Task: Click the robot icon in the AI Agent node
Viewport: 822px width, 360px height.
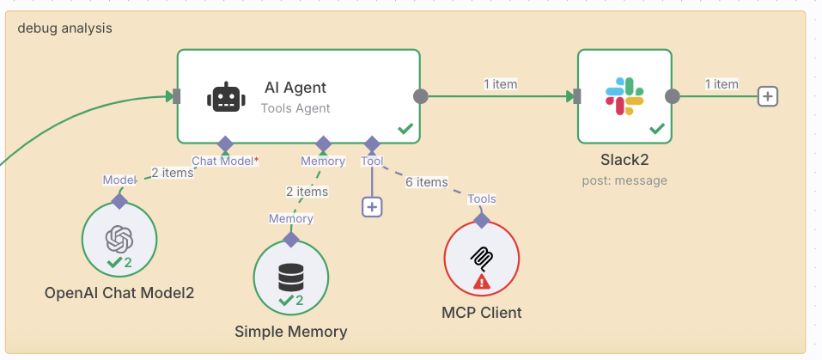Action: (226, 97)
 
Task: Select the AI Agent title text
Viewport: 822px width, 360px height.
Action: (295, 88)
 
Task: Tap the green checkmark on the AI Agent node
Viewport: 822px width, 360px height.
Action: (405, 129)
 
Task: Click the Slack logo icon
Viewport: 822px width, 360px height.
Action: (624, 95)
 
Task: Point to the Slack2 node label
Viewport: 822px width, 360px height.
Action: (624, 162)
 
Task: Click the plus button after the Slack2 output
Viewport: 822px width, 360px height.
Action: (767, 96)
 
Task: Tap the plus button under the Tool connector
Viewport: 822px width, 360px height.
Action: (372, 206)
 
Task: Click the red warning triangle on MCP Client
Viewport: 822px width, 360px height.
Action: (481, 281)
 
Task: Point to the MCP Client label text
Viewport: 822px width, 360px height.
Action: (481, 313)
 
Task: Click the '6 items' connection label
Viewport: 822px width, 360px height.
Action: (426, 182)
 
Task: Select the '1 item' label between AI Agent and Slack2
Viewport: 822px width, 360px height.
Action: (500, 84)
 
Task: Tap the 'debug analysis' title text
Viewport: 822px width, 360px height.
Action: (64, 27)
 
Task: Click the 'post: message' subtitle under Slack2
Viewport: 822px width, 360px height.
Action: (624, 180)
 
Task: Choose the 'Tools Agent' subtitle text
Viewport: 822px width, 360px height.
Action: (295, 108)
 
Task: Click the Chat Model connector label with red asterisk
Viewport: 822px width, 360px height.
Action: (225, 161)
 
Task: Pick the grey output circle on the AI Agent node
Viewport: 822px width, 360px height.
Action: (421, 96)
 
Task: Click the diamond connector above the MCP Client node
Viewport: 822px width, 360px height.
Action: (482, 220)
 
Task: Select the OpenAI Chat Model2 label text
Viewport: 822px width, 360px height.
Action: (119, 293)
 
